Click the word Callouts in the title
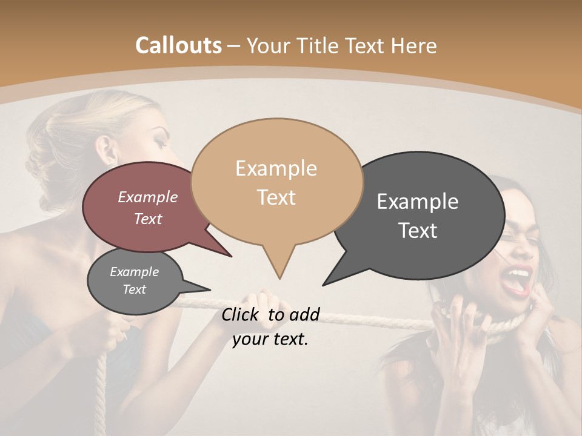[x=178, y=45]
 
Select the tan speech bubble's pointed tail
[x=279, y=266]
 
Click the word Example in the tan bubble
[x=276, y=168]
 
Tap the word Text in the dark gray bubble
[x=417, y=231]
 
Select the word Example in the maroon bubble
[x=147, y=197]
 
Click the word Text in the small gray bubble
[x=134, y=289]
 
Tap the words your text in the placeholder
[x=270, y=339]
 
